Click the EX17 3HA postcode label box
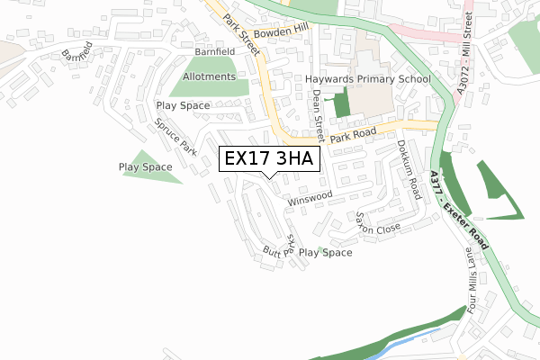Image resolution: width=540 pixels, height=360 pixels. (x=268, y=159)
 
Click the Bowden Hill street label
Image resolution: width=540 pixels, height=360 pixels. (x=281, y=33)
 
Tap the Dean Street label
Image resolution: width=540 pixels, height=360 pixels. (x=317, y=118)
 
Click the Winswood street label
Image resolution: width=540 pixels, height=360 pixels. (x=310, y=198)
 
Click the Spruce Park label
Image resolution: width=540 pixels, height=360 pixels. (x=175, y=136)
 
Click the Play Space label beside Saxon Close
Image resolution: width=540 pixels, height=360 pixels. (x=325, y=253)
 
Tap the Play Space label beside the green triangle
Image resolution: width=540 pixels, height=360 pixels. (x=145, y=167)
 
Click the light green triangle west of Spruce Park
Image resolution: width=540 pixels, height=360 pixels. (x=152, y=167)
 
